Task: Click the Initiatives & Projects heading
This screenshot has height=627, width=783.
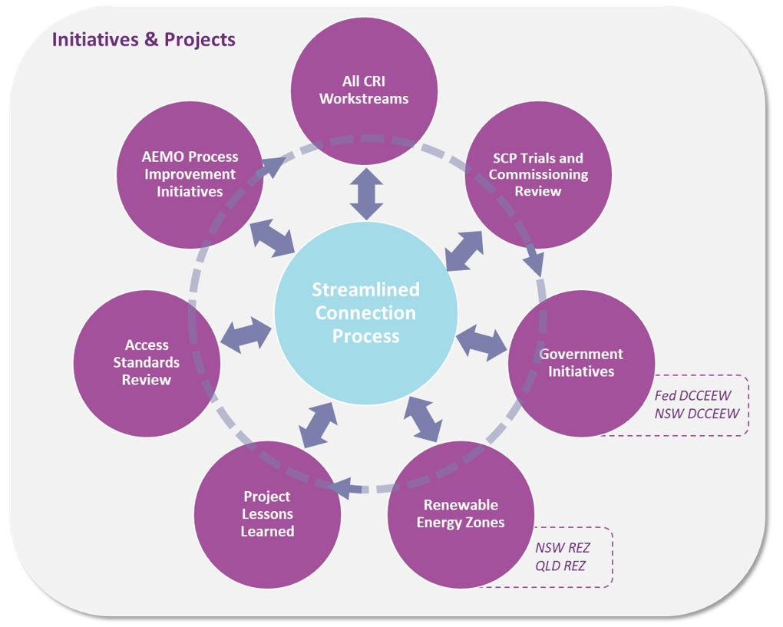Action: pos(144,39)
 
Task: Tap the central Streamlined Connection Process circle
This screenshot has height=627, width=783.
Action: pos(365,312)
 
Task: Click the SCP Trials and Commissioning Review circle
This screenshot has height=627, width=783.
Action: pos(538,175)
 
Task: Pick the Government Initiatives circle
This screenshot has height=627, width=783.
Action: pos(581,363)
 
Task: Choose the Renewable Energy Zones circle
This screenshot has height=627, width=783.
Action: pos(461,513)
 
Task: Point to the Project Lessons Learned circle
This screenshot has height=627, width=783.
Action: pos(267,514)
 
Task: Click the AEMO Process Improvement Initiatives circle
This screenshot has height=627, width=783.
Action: pos(190,174)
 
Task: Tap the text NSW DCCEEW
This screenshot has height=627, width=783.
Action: pos(697,414)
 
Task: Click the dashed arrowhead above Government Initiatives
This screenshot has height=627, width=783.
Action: pos(536,265)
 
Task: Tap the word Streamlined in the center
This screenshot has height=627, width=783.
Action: pos(365,289)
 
